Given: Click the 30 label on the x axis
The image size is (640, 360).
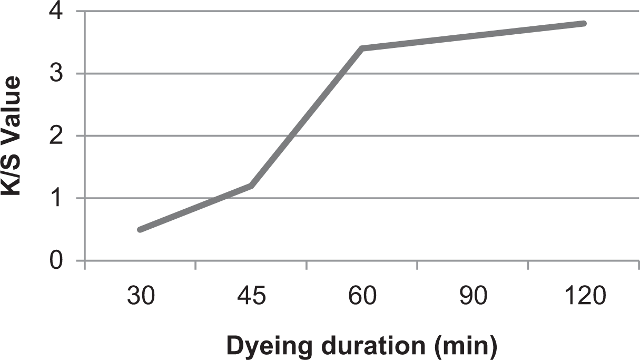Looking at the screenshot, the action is click(141, 296).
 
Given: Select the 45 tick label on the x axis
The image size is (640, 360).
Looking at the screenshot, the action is click(251, 296).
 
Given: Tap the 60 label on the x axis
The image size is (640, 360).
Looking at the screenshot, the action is click(362, 296).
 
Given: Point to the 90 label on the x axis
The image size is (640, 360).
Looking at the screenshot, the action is click(473, 296).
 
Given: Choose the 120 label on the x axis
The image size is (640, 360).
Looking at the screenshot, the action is click(585, 296).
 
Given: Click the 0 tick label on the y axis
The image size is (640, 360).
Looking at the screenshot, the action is click(56, 260).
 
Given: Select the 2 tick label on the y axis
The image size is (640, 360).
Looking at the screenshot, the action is click(56, 135).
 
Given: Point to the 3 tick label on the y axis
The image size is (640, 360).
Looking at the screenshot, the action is click(56, 73).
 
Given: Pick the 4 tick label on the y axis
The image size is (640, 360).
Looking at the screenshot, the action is click(56, 12).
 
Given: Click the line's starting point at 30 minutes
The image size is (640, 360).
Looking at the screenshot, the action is click(140, 230).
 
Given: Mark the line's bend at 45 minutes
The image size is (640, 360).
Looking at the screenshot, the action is click(251, 186).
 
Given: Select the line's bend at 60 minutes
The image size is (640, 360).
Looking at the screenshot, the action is click(362, 48).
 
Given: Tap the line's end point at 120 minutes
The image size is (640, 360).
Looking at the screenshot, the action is click(584, 23).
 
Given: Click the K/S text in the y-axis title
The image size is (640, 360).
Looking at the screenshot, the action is click(11, 175).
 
